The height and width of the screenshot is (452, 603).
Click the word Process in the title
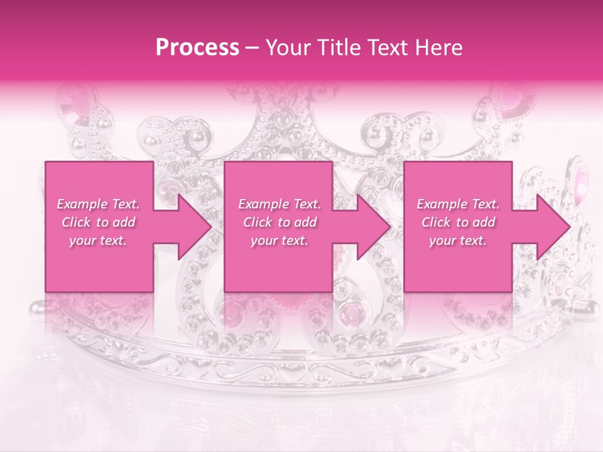coord(197,48)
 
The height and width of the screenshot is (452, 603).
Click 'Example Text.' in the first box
coord(98,204)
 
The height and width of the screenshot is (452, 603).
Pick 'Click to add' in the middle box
coord(280,222)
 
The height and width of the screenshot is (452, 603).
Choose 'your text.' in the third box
coord(458,240)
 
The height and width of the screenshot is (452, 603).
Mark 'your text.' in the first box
coord(98,240)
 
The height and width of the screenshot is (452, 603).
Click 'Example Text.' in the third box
coord(458,204)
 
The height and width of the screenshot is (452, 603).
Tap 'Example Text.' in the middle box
coord(280,204)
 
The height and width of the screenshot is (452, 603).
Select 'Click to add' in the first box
coord(98,222)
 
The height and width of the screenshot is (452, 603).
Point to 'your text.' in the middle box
coord(280,240)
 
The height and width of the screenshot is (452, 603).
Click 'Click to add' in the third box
coord(458,222)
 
